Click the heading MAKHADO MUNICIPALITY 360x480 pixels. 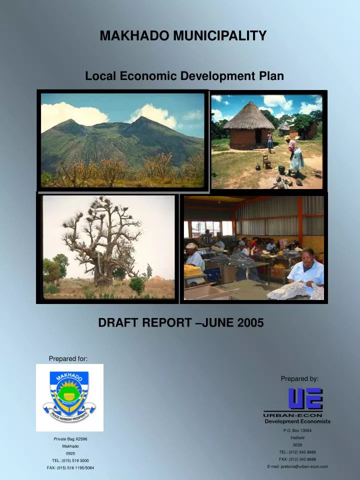coord(183,36)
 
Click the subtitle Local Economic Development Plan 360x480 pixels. coord(184,76)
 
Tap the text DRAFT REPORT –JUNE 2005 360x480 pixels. coord(180,323)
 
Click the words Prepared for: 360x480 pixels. coord(68,358)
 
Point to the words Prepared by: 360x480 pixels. coord(299,379)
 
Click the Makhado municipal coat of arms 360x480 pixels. coord(69,397)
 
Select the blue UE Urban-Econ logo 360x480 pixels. coord(305,399)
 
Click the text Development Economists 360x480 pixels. coord(297,421)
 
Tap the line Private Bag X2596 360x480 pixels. coord(70,439)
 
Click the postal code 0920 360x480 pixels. coord(70,453)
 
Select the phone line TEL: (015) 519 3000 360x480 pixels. coord(70,460)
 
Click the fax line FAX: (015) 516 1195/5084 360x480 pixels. coord(70,467)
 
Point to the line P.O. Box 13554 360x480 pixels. coord(297,430)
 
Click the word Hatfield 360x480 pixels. coord(297,437)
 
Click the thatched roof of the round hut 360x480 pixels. coord(248,116)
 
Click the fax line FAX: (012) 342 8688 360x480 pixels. coord(297,459)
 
